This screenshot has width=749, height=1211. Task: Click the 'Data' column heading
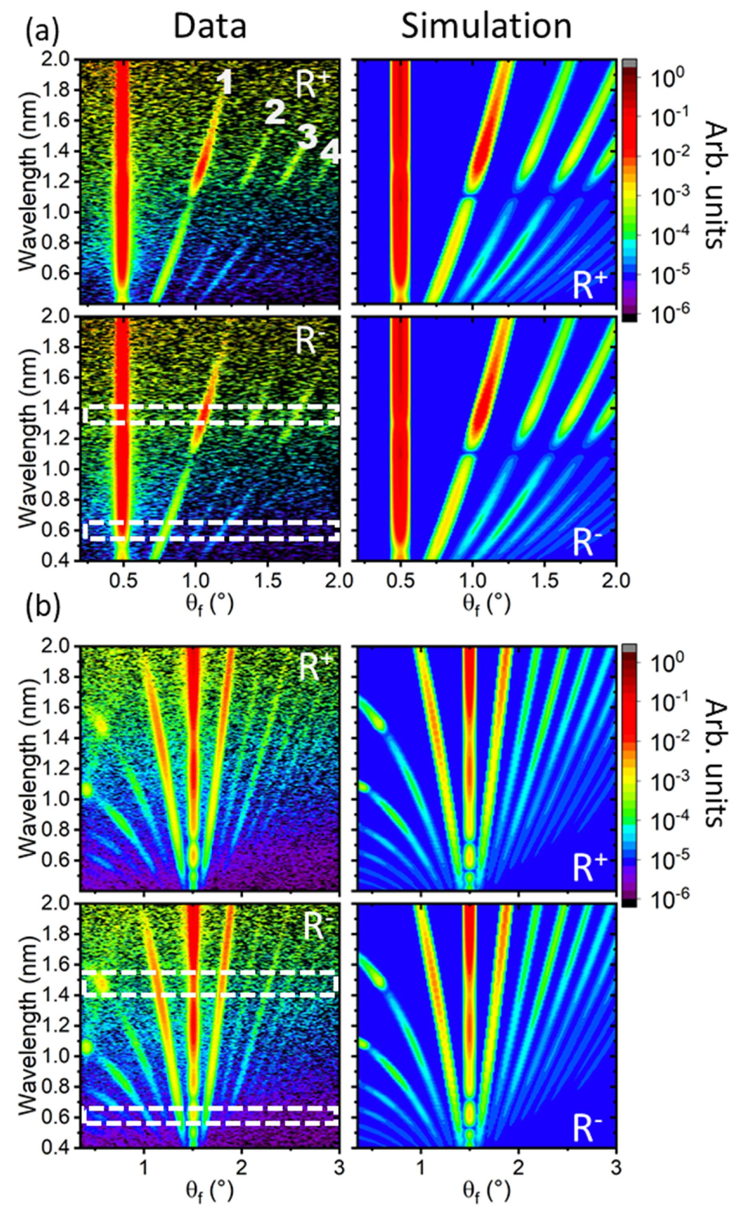(x=210, y=26)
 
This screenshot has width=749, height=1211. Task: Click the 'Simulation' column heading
(x=486, y=26)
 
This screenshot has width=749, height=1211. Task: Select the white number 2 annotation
(x=276, y=112)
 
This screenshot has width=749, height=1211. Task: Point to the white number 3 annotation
(x=307, y=136)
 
